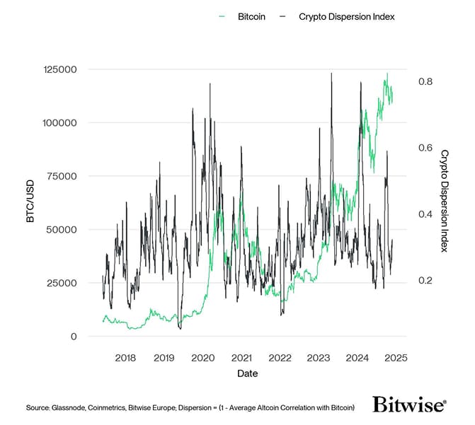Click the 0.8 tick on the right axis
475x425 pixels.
[425, 81]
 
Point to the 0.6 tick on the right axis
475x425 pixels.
[425, 148]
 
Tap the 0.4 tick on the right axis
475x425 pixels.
[425, 214]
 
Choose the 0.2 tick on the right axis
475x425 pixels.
[425, 281]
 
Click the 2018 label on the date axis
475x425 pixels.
[125, 357]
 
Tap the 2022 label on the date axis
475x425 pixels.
[280, 357]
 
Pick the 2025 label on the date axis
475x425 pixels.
[395, 357]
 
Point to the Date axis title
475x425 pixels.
[248, 373]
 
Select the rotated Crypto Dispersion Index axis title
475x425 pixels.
[445, 201]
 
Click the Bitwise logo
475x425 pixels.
[410, 405]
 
